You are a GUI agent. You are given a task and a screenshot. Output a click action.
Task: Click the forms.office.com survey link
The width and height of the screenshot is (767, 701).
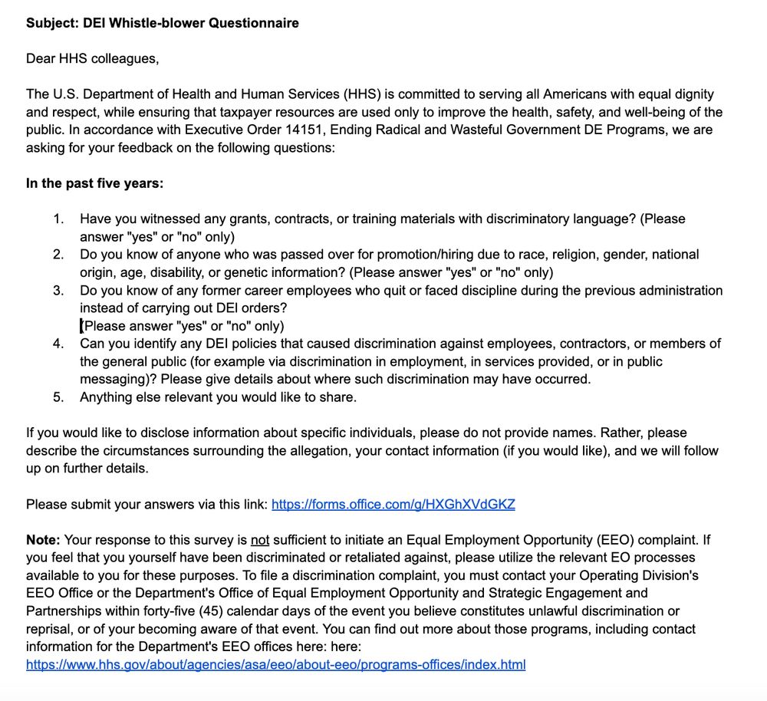coord(393,504)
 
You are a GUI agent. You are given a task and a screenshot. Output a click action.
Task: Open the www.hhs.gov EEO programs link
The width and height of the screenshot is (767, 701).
coord(275,664)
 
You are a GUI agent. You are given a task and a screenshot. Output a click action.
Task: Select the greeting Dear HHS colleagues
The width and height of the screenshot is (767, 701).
coord(92,58)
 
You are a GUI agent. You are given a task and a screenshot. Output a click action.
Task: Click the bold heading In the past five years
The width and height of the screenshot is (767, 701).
coord(94,183)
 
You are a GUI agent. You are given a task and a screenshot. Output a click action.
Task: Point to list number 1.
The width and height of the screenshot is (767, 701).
coord(58,219)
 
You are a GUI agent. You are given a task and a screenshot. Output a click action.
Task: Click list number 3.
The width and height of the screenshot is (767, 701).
coord(58,291)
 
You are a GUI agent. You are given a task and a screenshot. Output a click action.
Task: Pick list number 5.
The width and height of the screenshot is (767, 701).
coord(58,397)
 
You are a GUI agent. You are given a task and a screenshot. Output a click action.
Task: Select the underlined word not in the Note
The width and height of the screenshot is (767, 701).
coord(261,540)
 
